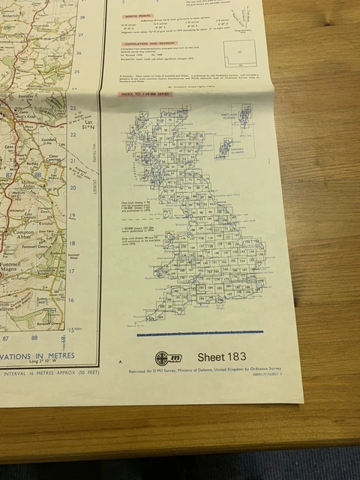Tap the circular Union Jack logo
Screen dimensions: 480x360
tap(163, 358)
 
